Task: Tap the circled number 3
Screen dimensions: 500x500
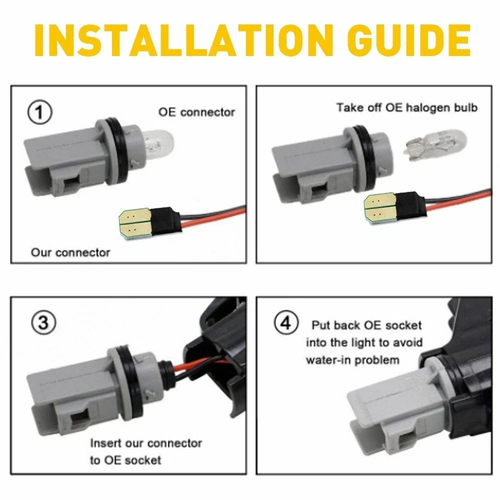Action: pyautogui.click(x=43, y=322)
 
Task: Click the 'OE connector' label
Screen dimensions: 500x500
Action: pyautogui.click(x=196, y=112)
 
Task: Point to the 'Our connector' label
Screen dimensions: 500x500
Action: pyautogui.click(x=70, y=252)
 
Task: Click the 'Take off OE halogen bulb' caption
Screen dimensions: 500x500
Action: pyautogui.click(x=407, y=107)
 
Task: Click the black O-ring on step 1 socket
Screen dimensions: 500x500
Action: pyautogui.click(x=112, y=151)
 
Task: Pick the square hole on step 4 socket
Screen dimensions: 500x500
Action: pyautogui.click(x=407, y=442)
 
